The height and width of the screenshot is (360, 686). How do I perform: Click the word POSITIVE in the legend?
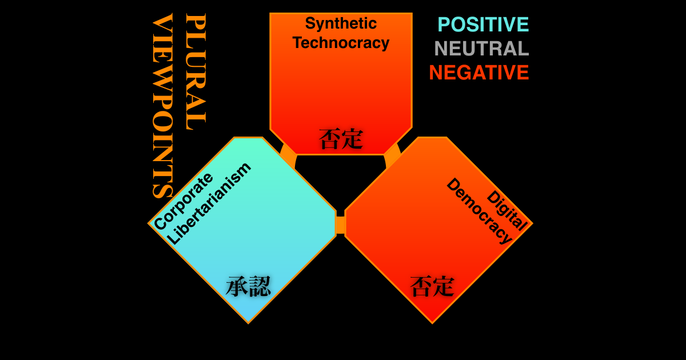click(x=483, y=25)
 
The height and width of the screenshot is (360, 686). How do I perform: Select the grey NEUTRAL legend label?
click(x=482, y=49)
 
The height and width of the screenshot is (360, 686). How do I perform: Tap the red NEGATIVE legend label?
click(x=479, y=73)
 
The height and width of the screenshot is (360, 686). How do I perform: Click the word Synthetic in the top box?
click(x=341, y=23)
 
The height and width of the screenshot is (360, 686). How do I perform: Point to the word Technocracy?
click(x=341, y=42)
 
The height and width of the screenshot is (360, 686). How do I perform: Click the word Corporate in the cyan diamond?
click(x=183, y=201)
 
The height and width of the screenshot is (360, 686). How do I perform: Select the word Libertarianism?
click(x=209, y=203)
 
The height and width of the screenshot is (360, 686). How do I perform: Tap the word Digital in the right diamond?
click(x=507, y=210)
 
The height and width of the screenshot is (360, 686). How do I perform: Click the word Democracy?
click(x=479, y=211)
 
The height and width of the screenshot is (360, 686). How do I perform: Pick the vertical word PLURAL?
click(x=196, y=71)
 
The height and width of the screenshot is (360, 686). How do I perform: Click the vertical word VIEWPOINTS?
click(x=162, y=106)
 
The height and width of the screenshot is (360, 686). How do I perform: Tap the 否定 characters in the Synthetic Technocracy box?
click(x=341, y=139)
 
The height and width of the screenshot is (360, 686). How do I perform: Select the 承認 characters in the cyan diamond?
click(x=248, y=286)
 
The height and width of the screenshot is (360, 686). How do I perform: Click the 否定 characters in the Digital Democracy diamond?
click(x=432, y=286)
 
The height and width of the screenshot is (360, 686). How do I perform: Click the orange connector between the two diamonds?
click(x=341, y=225)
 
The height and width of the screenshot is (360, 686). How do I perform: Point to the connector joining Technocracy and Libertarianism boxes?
click(x=289, y=155)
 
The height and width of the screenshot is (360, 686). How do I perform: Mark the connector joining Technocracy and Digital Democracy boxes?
click(x=393, y=155)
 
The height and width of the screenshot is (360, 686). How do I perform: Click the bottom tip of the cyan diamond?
click(x=248, y=323)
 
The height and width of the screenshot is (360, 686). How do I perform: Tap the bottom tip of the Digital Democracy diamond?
click(x=432, y=323)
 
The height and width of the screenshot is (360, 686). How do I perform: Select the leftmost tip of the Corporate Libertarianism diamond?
click(x=148, y=224)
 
